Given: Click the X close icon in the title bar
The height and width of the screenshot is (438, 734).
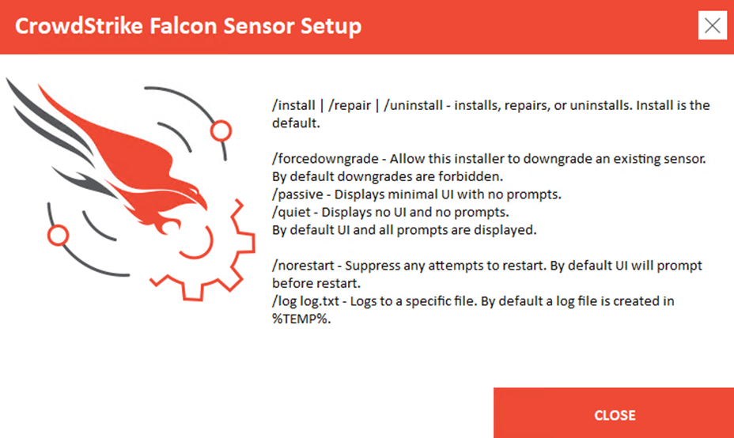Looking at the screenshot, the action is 712,25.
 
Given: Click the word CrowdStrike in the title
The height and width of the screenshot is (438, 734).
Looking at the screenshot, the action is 78,26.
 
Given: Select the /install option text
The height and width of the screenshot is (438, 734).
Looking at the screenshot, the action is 293,105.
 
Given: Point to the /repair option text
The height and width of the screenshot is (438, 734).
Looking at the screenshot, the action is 350,106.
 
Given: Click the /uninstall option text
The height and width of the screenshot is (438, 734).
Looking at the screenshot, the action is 414,105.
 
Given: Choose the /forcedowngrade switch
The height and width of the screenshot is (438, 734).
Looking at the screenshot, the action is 325,159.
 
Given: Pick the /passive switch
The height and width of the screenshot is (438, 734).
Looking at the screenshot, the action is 297,194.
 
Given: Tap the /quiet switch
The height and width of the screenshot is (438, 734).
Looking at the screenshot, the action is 291,213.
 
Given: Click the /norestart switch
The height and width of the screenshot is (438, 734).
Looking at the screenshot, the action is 304,266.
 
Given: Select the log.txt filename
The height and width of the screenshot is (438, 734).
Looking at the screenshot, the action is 320,301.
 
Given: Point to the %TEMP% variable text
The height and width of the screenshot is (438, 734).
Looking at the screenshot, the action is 301,319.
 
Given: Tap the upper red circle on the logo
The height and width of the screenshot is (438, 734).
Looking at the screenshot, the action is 221,131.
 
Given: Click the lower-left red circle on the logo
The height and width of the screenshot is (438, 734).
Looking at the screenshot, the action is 58,236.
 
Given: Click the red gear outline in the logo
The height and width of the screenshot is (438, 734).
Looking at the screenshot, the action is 249,244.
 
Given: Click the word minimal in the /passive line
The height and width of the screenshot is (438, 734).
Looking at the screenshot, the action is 412,194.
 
